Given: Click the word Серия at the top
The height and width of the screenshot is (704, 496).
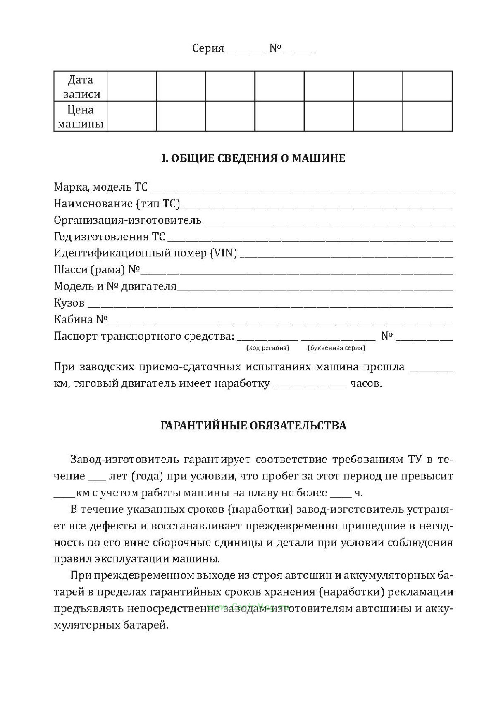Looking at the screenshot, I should (208, 48).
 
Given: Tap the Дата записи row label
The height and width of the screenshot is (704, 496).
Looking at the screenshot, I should (81, 86).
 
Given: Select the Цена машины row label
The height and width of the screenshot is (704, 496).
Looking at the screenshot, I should (81, 117).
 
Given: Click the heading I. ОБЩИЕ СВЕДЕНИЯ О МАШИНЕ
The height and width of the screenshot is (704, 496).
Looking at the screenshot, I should (253, 158).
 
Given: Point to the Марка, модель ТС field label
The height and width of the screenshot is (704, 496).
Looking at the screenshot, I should (100, 187).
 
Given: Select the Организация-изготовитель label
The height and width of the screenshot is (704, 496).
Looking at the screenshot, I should (128, 220).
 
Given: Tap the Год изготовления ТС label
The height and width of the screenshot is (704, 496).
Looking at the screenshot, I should (110, 237).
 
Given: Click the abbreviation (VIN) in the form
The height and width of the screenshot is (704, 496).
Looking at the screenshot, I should (223, 253).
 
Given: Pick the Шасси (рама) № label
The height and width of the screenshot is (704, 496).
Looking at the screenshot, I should (97, 270).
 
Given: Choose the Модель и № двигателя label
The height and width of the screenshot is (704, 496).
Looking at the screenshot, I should (115, 286).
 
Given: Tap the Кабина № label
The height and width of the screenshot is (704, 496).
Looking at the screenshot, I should (81, 319).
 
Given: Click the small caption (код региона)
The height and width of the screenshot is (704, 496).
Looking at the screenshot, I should (267, 348).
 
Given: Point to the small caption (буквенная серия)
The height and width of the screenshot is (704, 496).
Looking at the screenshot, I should (336, 348).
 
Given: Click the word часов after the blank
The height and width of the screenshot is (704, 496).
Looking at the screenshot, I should (366, 383).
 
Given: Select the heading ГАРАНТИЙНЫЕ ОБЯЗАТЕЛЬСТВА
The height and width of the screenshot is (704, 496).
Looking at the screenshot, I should (253, 426).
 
